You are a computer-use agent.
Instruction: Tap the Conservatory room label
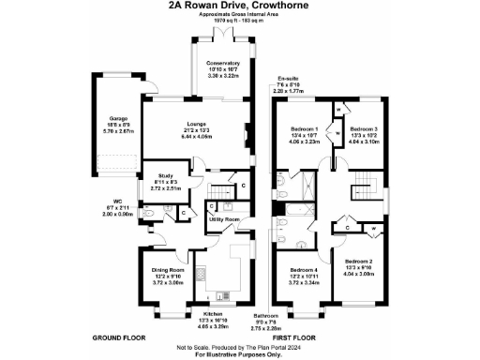[x=227, y=64]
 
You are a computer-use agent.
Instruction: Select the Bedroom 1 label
[x=304, y=128]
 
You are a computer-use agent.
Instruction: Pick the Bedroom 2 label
[x=359, y=261]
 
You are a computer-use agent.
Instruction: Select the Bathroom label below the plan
[x=266, y=316]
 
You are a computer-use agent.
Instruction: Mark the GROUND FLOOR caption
[x=118, y=336]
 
